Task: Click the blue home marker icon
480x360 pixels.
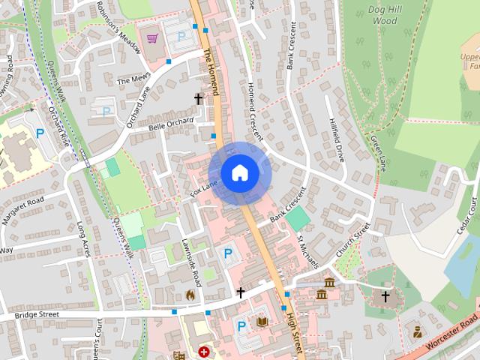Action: click(x=239, y=173)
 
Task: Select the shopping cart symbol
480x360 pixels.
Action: click(x=153, y=37)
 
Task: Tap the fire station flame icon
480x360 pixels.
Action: click(x=190, y=295)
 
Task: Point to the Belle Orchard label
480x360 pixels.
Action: click(x=166, y=124)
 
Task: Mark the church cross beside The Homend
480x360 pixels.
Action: click(x=199, y=99)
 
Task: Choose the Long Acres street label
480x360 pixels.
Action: click(x=83, y=239)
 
